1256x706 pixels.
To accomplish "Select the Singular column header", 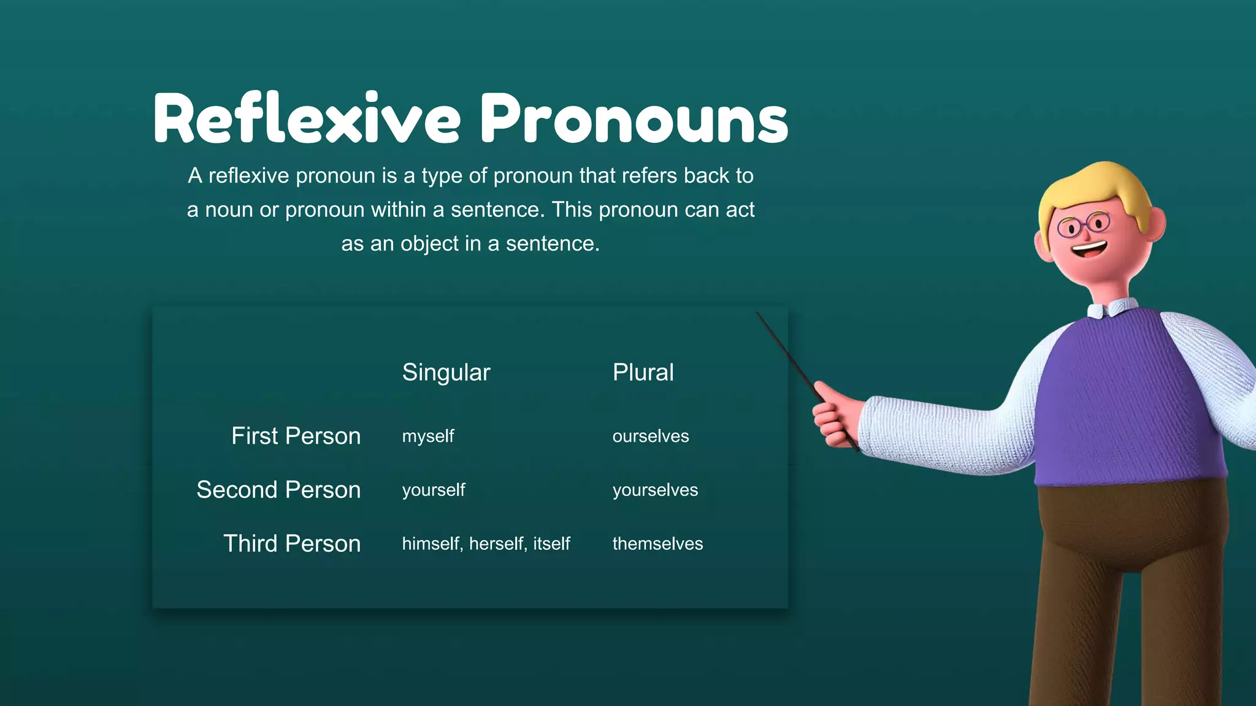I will (446, 373).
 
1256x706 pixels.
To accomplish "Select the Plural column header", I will (643, 373).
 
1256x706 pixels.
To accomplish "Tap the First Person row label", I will (296, 436).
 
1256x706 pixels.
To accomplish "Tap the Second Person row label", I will (278, 490).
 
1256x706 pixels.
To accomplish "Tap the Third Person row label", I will (291, 544).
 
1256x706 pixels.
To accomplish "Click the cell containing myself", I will (428, 436).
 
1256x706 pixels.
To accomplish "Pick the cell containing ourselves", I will (650, 436).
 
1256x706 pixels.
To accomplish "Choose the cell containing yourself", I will (434, 490).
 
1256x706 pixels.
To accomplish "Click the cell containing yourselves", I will (655, 490).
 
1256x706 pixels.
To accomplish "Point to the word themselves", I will (657, 544).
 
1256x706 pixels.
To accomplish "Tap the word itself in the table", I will (551, 544).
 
